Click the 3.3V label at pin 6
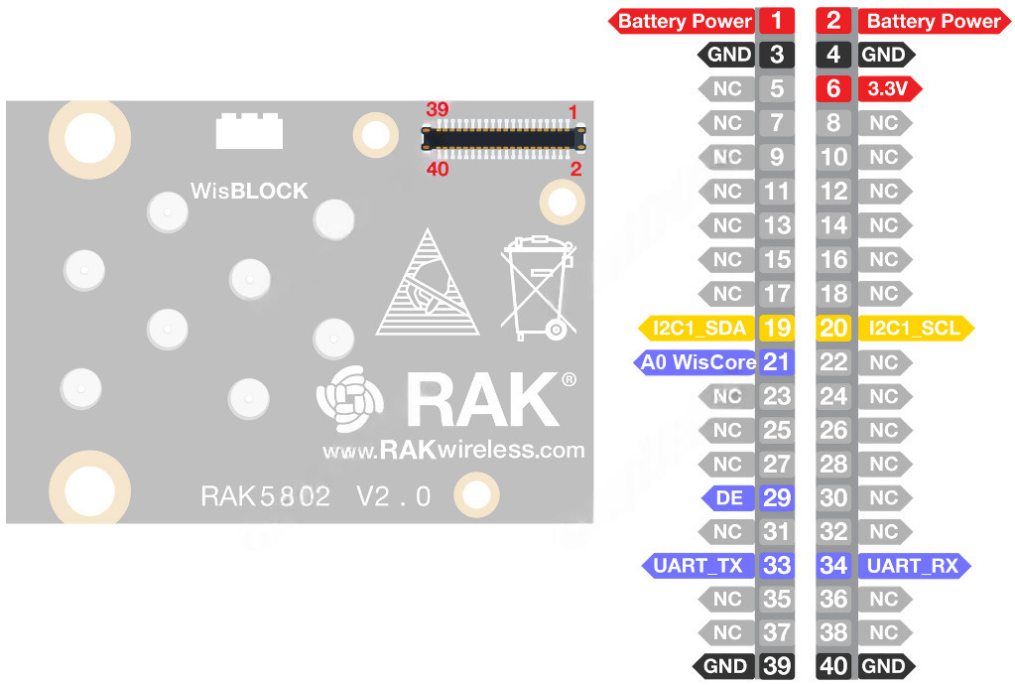pyautogui.click(x=887, y=89)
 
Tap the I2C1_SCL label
pyautogui.click(x=914, y=328)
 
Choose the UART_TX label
pyautogui.click(x=698, y=566)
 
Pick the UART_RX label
pyautogui.click(x=912, y=566)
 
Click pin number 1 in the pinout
pyautogui.click(x=776, y=21)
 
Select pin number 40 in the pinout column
pyautogui.click(x=833, y=667)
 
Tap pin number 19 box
pyautogui.click(x=776, y=328)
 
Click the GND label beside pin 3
pyautogui.click(x=729, y=56)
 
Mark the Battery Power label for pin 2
pyautogui.click(x=933, y=21)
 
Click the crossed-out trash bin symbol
pyautogui.click(x=538, y=288)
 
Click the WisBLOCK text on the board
pyautogui.click(x=249, y=191)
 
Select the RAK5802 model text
pyautogui.click(x=265, y=496)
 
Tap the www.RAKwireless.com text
pyautogui.click(x=453, y=451)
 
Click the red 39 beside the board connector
pyautogui.click(x=437, y=109)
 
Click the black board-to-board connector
pyautogui.click(x=503, y=139)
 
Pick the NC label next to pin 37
pyautogui.click(x=727, y=633)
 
